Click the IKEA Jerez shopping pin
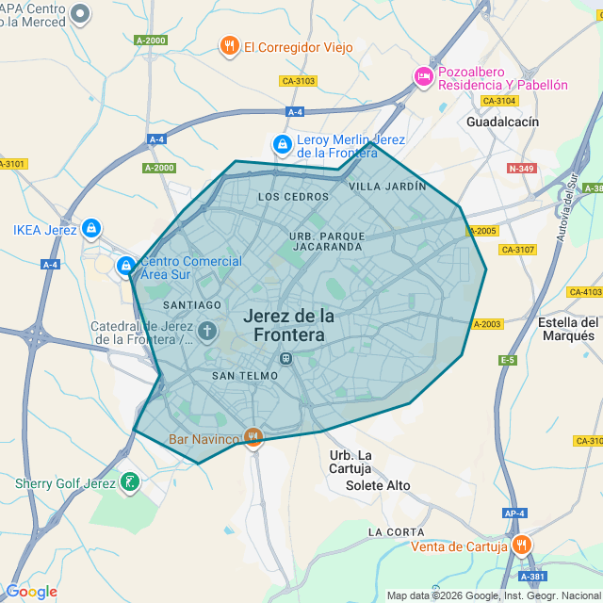pyautogui.click(x=90, y=228)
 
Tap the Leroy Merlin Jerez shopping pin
pyautogui.click(x=281, y=144)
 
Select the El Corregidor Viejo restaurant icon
pyautogui.click(x=229, y=46)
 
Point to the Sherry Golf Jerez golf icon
pyautogui.click(x=130, y=483)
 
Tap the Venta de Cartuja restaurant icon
pyautogui.click(x=522, y=546)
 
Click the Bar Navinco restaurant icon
pyautogui.click(x=253, y=437)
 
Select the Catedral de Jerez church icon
pyautogui.click(x=207, y=332)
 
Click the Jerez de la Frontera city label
pyautogui.click(x=288, y=324)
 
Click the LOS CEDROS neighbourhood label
pyautogui.click(x=293, y=197)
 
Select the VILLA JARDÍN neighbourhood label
pyautogui.click(x=387, y=187)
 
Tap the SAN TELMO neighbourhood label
pyautogui.click(x=243, y=375)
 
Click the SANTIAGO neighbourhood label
pyautogui.click(x=192, y=304)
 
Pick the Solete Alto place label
pyautogui.click(x=378, y=485)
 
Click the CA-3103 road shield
pyautogui.click(x=298, y=81)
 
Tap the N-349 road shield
pyautogui.click(x=521, y=169)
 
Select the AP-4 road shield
pyautogui.click(x=513, y=513)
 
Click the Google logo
pyautogui.click(x=31, y=591)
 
